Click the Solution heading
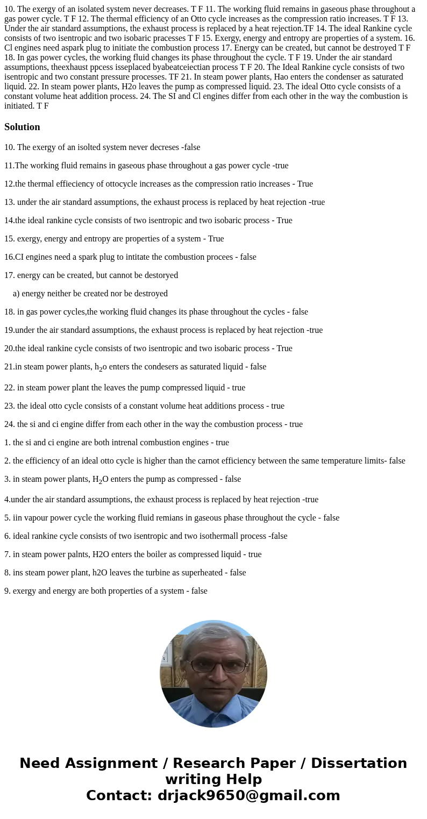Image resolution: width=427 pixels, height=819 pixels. pos(22,127)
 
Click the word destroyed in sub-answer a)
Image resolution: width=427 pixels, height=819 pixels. pos(151,293)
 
